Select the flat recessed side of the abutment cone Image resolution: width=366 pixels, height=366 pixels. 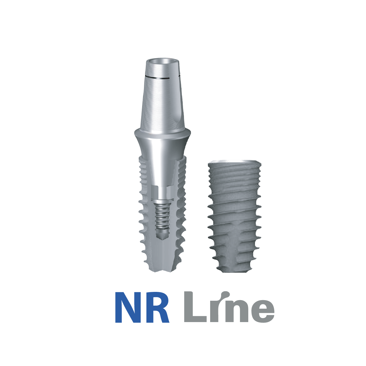click(x=178, y=104)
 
